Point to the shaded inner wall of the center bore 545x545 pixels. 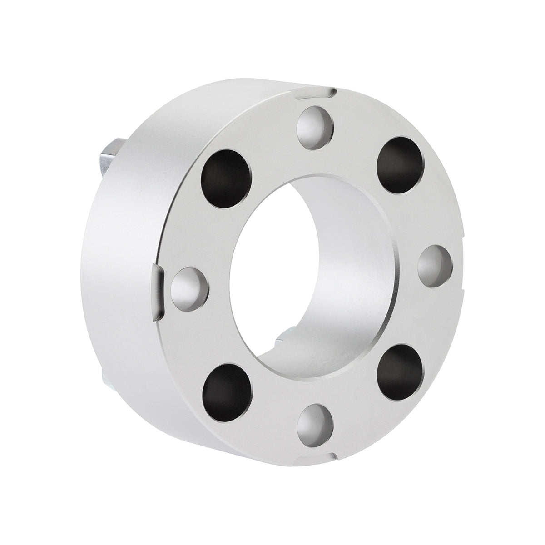tap(354, 272)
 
